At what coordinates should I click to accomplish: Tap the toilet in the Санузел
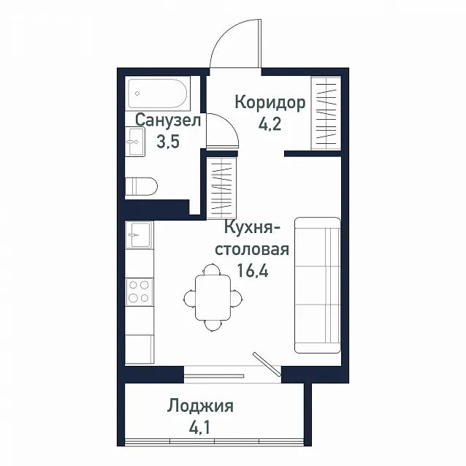[x=141, y=186]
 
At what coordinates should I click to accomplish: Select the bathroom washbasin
[x=135, y=142]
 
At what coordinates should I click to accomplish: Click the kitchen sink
[x=140, y=234]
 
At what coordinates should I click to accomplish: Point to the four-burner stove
[x=140, y=292]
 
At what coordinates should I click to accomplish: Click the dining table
[x=213, y=297]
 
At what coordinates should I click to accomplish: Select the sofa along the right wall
[x=318, y=286]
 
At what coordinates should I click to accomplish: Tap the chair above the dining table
[x=212, y=269]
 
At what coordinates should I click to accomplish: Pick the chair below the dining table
[x=213, y=326]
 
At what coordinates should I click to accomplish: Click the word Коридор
[x=270, y=103]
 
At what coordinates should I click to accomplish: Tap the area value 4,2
[x=270, y=124]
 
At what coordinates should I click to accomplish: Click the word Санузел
[x=168, y=121]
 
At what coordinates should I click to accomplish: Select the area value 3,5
[x=168, y=141]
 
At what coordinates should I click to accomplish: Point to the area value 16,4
[x=253, y=270]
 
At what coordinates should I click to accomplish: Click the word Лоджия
[x=200, y=407]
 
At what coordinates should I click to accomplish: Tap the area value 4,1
[x=199, y=428]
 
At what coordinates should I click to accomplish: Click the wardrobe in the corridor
[x=326, y=113]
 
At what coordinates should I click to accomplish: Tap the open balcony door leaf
[x=267, y=364]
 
